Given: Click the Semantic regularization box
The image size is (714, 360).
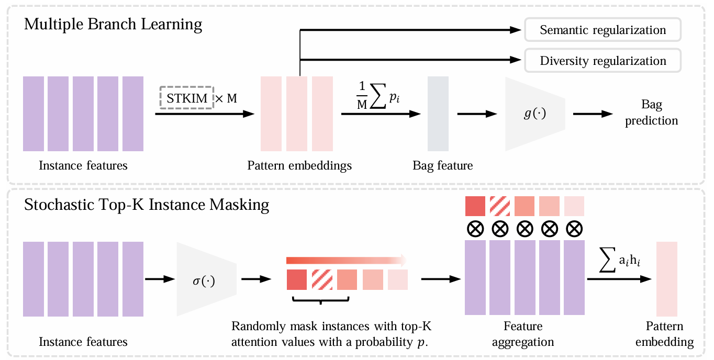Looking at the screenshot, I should (603, 30).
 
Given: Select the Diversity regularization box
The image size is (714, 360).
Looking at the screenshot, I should (603, 61).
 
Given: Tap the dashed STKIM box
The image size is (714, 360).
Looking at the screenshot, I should (186, 98).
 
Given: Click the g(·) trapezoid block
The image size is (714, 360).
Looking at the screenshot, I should (534, 114).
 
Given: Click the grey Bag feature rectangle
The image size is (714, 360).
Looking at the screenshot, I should (438, 114).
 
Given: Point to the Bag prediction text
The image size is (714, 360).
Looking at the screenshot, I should (651, 113).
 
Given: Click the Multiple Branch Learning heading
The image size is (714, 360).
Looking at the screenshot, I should (113, 25).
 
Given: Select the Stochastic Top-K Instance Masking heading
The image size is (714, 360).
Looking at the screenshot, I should (147, 205).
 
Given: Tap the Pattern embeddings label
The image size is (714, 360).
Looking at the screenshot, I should (299, 166).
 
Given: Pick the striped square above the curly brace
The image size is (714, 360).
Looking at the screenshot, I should (322, 279).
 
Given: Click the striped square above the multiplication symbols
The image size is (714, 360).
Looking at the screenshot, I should (500, 206).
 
